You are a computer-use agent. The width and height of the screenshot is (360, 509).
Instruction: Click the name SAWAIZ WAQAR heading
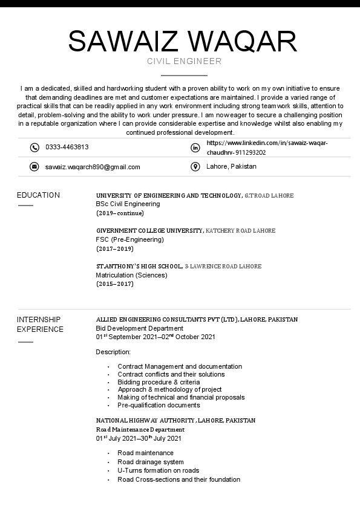click(183, 41)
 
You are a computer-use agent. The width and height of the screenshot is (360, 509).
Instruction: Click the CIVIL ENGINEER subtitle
click(184, 61)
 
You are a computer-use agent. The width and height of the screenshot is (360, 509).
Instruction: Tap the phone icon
click(34, 148)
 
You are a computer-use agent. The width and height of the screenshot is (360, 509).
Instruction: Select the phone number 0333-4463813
click(67, 148)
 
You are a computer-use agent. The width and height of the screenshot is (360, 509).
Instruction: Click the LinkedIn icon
click(195, 148)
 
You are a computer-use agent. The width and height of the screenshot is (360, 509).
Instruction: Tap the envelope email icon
click(34, 167)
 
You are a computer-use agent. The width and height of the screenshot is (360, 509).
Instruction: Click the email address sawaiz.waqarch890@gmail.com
click(93, 167)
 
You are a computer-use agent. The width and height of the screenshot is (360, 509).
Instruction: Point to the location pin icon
click(195, 167)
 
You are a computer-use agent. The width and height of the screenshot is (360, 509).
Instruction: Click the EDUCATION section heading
click(38, 195)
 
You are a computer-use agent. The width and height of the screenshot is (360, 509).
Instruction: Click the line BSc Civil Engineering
click(128, 204)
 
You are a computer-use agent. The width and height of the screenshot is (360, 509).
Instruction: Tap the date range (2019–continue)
click(120, 213)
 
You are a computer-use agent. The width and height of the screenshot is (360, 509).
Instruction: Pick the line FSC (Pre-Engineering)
click(129, 239)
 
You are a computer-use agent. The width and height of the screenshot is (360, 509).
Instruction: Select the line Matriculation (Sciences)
click(131, 275)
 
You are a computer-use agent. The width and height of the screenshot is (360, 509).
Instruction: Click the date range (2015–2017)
click(114, 284)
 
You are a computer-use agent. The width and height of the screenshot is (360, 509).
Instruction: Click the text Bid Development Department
click(139, 328)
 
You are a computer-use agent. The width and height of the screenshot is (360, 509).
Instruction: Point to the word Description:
click(113, 352)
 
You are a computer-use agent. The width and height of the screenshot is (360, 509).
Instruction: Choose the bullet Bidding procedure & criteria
click(159, 382)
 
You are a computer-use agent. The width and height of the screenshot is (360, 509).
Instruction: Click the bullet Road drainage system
click(151, 462)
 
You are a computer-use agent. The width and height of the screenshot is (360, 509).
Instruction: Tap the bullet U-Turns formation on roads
click(158, 470)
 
